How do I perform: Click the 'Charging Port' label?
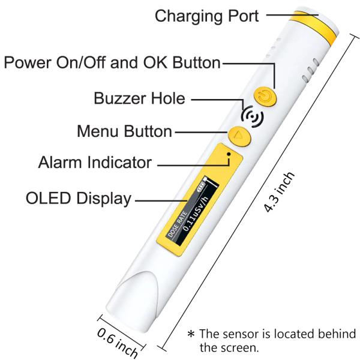pyautogui.click(x=206, y=16)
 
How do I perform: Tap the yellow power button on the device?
pyautogui.click(x=265, y=95)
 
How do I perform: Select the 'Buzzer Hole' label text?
pyautogui.click(x=139, y=98)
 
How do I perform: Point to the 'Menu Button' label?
pyautogui.click(x=125, y=130)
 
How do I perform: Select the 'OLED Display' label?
pyautogui.click(x=79, y=199)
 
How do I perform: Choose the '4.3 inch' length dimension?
pyautogui.click(x=280, y=193)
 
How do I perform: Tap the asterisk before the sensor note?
pyautogui.click(x=190, y=334)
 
